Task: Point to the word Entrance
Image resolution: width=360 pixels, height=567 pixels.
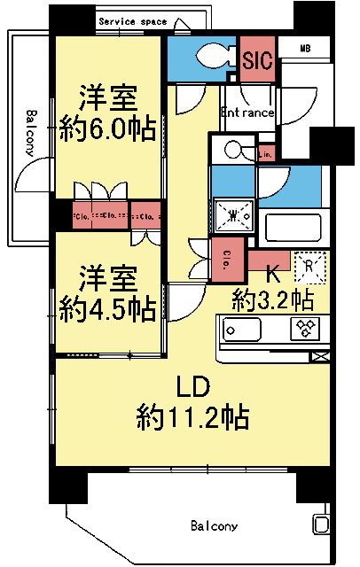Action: (247, 113)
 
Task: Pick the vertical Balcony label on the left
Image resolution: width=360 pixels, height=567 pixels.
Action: (30, 133)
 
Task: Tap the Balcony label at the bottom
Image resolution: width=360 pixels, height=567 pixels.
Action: (215, 526)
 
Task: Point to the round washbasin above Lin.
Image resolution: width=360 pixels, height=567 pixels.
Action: (233, 149)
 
